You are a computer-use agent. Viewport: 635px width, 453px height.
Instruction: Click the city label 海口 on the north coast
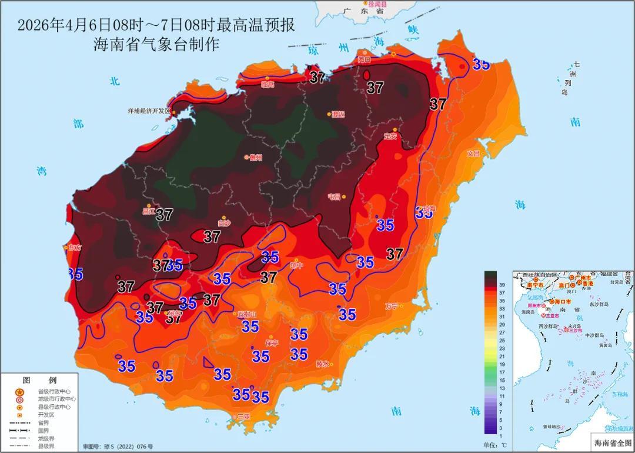[x=365, y=59]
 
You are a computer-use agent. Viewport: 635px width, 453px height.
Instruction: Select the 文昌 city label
[x=473, y=154]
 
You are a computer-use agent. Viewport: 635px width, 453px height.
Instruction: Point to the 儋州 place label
[x=255, y=158]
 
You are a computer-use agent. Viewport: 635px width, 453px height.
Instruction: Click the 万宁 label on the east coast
[x=392, y=306]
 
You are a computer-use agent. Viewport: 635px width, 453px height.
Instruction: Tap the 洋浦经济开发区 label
[x=148, y=111]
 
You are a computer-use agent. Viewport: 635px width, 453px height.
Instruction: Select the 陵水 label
[x=323, y=364]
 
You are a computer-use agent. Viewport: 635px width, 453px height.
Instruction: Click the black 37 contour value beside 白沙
[x=212, y=237]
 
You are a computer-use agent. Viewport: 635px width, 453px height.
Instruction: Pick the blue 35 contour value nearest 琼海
[x=425, y=213]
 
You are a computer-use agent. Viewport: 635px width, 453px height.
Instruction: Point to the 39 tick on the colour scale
[x=503, y=285]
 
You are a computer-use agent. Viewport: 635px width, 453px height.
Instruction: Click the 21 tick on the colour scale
[x=503, y=356]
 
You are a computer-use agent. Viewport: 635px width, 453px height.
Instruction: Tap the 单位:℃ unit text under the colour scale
[x=495, y=444]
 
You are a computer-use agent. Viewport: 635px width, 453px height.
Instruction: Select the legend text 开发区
[x=46, y=414]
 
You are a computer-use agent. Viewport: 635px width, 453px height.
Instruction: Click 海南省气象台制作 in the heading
[x=156, y=45]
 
